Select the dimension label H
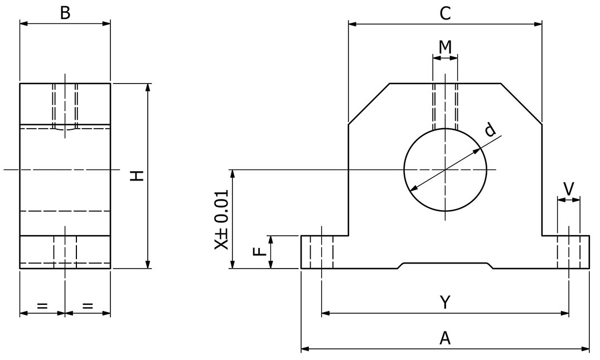pos(137,176)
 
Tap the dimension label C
pos(444,14)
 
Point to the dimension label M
pos(444,47)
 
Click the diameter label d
pos(490,130)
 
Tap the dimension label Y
pos(444,303)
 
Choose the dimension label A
pos(444,338)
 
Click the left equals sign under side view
pos(42,305)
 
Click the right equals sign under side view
pos(88,305)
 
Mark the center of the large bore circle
pos(445,169)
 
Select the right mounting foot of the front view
pos(565,252)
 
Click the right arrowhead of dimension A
pos(586,349)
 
